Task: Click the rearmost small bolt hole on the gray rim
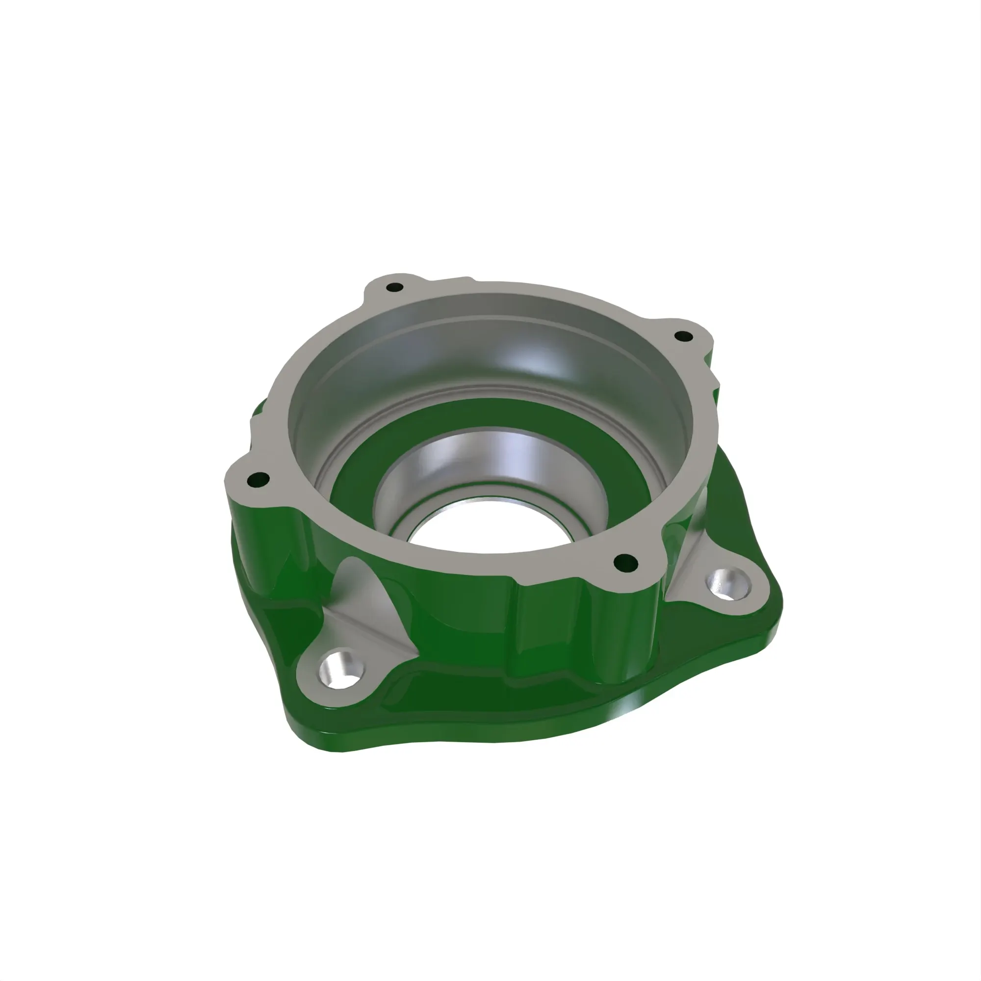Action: click(x=394, y=288)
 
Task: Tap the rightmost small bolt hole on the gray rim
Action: click(x=683, y=336)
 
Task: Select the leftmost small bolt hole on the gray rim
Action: click(x=259, y=479)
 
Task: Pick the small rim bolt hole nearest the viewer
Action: click(x=625, y=562)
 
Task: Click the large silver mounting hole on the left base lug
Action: click(x=338, y=669)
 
